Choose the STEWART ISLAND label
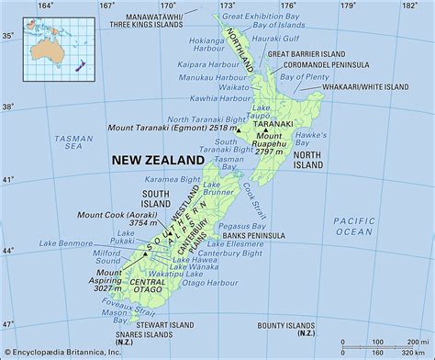(167, 324)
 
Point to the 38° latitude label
(8, 106)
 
